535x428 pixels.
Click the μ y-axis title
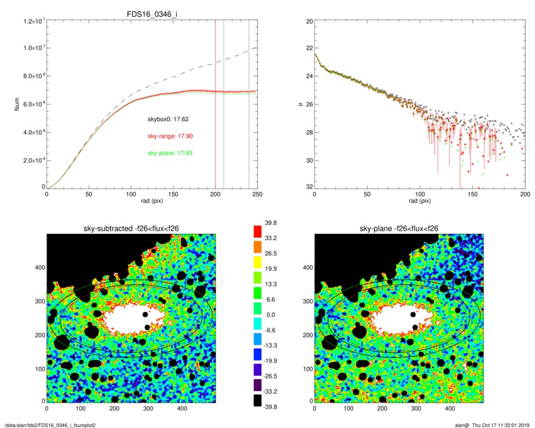[296, 105]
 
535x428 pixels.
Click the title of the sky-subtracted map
[132, 229]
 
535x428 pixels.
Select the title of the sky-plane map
[398, 229]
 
